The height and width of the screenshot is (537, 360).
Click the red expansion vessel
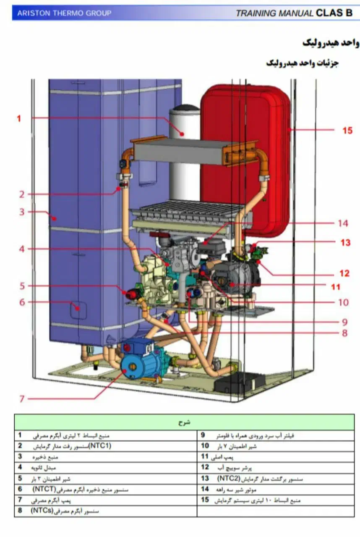pyautogui.click(x=245, y=160)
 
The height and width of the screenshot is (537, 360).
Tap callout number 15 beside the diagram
pyautogui.click(x=347, y=131)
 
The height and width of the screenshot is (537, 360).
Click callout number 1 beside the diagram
pyautogui.click(x=18, y=119)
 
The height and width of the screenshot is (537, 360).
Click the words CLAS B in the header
pyautogui.click(x=334, y=13)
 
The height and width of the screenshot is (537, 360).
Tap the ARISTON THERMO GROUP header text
pyautogui.click(x=64, y=13)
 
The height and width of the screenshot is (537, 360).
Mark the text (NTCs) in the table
pyautogui.click(x=47, y=511)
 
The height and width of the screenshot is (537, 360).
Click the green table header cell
pyautogui.click(x=184, y=422)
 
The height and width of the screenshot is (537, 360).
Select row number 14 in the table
pyautogui.click(x=205, y=489)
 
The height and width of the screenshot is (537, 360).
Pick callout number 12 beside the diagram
pyautogui.click(x=344, y=274)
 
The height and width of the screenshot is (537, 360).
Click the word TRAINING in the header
pyautogui.click(x=256, y=13)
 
